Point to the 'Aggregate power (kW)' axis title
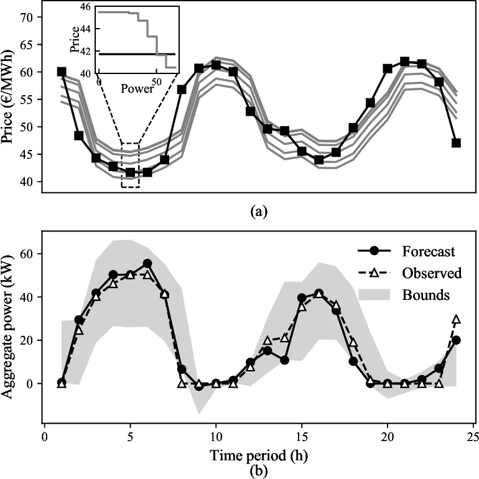click(9, 327)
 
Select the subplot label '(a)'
click(258, 212)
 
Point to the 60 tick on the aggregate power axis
click(27, 253)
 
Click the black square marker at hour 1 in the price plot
click(62, 72)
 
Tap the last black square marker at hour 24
click(456, 142)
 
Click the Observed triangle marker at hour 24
click(456, 320)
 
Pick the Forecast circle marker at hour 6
click(147, 264)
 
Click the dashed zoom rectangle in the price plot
click(131, 165)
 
